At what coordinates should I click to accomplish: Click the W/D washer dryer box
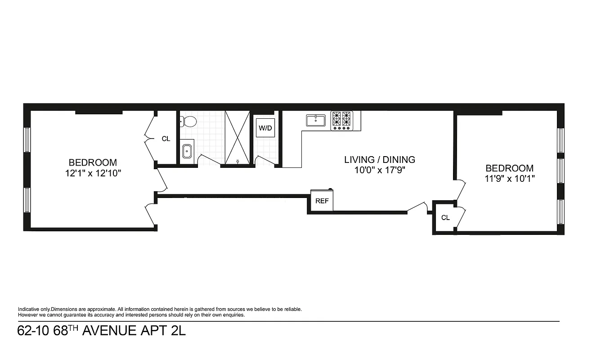click(265, 128)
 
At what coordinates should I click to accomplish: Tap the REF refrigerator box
click(322, 201)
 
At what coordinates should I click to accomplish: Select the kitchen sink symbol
click(316, 121)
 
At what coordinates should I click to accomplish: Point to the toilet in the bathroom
click(188, 121)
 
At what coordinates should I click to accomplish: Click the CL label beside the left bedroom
click(166, 139)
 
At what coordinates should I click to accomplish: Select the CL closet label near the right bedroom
click(445, 218)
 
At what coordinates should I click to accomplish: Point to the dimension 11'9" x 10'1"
click(509, 179)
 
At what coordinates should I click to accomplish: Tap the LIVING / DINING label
click(379, 159)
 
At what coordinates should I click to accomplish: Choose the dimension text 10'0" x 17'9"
click(379, 170)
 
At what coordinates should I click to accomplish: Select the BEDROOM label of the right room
click(509, 168)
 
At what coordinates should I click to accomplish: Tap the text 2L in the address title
click(178, 331)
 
